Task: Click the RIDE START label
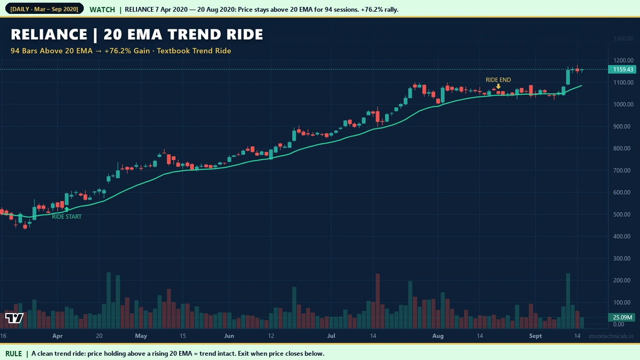point(67,217)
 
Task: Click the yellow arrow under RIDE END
point(498,86)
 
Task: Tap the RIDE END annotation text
point(498,80)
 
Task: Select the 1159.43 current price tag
point(623,69)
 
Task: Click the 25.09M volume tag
point(623,318)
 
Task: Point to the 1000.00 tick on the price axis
point(623,105)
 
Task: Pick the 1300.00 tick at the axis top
point(623,39)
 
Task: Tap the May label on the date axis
point(141,336)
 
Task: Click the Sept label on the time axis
point(535,336)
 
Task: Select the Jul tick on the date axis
point(331,336)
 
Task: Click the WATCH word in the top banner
point(102,10)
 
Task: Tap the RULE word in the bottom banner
point(14,353)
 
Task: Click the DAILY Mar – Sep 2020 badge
point(44,10)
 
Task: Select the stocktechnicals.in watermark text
point(611,336)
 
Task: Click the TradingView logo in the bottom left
point(14,318)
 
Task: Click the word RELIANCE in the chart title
point(49,35)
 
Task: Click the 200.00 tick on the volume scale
point(619,281)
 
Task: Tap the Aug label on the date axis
point(438,336)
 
